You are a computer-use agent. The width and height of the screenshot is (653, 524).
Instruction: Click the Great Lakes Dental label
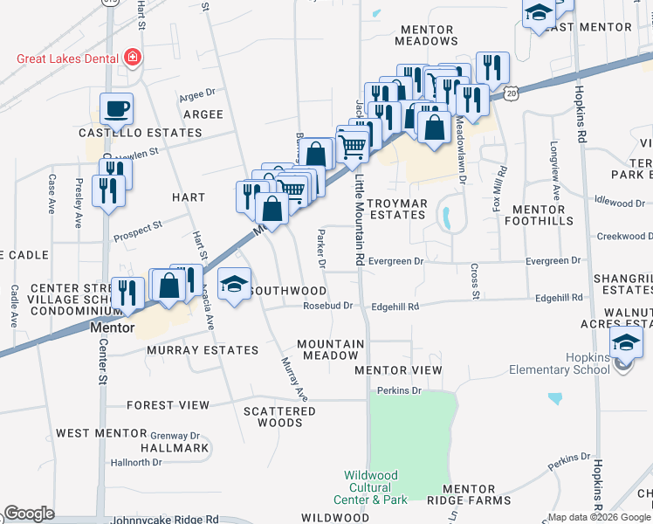(70, 59)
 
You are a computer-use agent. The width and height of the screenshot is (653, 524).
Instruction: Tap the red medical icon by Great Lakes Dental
(133, 59)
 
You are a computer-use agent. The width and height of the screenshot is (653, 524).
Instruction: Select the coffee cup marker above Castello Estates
(116, 109)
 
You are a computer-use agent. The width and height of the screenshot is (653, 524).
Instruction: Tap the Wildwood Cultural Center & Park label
(371, 487)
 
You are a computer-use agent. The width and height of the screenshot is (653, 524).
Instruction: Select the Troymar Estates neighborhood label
(396, 209)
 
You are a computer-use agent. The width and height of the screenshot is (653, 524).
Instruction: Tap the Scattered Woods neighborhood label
(279, 417)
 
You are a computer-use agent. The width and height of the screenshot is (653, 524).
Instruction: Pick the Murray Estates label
(203, 350)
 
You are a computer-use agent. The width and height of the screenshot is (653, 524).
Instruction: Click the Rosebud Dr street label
(327, 306)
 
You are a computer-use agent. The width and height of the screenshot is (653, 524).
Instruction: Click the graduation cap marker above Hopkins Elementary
(626, 343)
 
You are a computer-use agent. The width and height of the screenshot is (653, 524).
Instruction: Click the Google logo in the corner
(30, 514)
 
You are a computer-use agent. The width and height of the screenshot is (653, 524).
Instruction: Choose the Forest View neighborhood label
(168, 405)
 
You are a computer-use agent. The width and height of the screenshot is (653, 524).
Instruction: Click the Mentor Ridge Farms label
(476, 494)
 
